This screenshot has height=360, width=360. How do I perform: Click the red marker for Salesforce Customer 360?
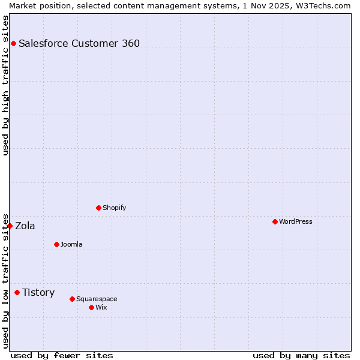coord(13,43)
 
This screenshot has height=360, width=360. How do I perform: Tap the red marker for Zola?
coord(10,226)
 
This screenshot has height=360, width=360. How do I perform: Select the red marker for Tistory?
coord(17,292)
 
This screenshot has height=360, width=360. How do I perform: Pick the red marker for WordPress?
coord(275,221)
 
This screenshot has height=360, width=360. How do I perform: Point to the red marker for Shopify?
coord(98,208)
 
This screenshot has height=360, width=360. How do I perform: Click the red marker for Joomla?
coord(56,244)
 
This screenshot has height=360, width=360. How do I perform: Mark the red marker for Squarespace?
coord(72,299)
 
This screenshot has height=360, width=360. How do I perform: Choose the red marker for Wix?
coord(91,307)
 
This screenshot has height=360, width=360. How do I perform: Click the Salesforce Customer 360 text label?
coord(79,43)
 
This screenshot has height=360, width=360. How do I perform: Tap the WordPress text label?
coord(296,221)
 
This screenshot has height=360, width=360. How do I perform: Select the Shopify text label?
coord(115,208)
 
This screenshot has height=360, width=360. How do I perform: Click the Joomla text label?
coord(71,244)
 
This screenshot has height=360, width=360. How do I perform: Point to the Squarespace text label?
coord(97,299)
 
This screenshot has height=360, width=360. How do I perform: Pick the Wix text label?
coord(101,307)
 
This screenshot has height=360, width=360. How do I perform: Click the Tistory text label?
coord(38,292)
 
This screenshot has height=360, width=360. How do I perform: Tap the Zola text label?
coord(25,226)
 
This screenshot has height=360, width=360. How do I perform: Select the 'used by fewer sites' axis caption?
coord(62,355)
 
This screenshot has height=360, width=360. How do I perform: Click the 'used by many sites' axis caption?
coord(301,355)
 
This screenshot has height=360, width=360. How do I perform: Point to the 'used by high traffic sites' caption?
coord(5,85)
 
